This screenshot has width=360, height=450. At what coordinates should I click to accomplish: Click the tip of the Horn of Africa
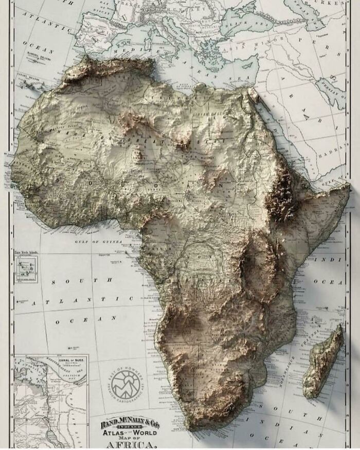tap(348, 189)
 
